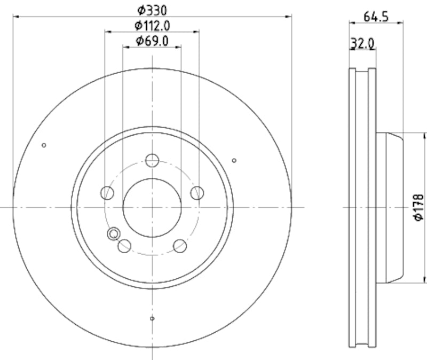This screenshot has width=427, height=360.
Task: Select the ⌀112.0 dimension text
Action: point(152,25)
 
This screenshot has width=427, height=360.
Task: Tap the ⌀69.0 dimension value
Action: point(152,40)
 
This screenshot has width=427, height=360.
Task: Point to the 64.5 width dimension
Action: point(376,16)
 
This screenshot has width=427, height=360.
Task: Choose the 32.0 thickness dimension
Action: point(362,43)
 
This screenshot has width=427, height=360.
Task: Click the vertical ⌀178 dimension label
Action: point(419,207)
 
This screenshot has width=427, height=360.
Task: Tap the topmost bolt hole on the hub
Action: point(152,160)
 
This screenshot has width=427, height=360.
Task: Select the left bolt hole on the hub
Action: point(108,192)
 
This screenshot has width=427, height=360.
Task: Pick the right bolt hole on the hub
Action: point(197,192)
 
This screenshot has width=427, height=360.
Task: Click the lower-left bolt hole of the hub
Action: point(124,245)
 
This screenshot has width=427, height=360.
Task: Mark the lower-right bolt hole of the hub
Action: point(180,245)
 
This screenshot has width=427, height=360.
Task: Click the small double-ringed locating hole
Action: point(113,233)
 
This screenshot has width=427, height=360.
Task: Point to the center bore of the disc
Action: point(152,207)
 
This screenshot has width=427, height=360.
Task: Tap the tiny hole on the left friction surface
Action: point(44,145)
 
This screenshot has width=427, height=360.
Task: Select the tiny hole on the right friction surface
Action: point(234,160)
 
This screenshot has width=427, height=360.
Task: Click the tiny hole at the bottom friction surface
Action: point(152,319)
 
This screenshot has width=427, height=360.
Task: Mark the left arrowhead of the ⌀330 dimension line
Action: point(15,17)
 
